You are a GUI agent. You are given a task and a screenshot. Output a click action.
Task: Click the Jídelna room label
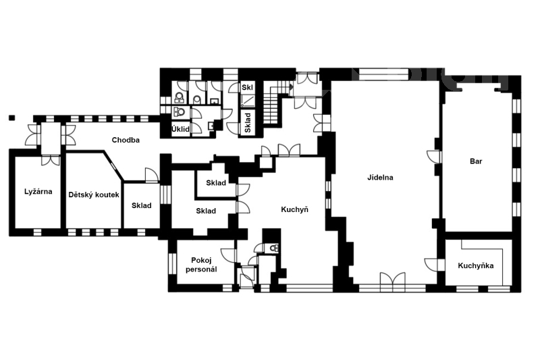click(x=380, y=178)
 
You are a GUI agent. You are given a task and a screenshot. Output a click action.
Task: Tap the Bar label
click(x=476, y=161)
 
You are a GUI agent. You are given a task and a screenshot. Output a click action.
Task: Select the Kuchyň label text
click(x=294, y=209)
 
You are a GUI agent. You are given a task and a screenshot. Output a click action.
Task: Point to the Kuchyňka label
click(x=476, y=265)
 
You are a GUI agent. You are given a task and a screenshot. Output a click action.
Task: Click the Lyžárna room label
click(x=38, y=192)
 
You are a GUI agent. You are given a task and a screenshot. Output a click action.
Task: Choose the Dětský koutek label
click(x=94, y=195)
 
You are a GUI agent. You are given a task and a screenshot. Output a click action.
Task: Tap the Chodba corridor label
click(x=126, y=140)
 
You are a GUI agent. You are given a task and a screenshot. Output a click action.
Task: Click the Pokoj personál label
click(x=201, y=265)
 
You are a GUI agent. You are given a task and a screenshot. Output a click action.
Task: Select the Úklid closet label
click(x=180, y=129)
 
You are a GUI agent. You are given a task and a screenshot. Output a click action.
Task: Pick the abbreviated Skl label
click(x=247, y=88)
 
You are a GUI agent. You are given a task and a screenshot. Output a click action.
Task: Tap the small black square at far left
click(x=12, y=118)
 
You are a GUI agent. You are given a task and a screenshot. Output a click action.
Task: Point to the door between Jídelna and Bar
click(x=433, y=157)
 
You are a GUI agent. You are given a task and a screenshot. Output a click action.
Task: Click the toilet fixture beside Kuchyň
click(x=274, y=248)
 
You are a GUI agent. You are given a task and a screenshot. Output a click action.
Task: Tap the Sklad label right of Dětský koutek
click(x=142, y=205)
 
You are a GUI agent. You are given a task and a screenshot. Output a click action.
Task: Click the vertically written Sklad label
click(x=248, y=123)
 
